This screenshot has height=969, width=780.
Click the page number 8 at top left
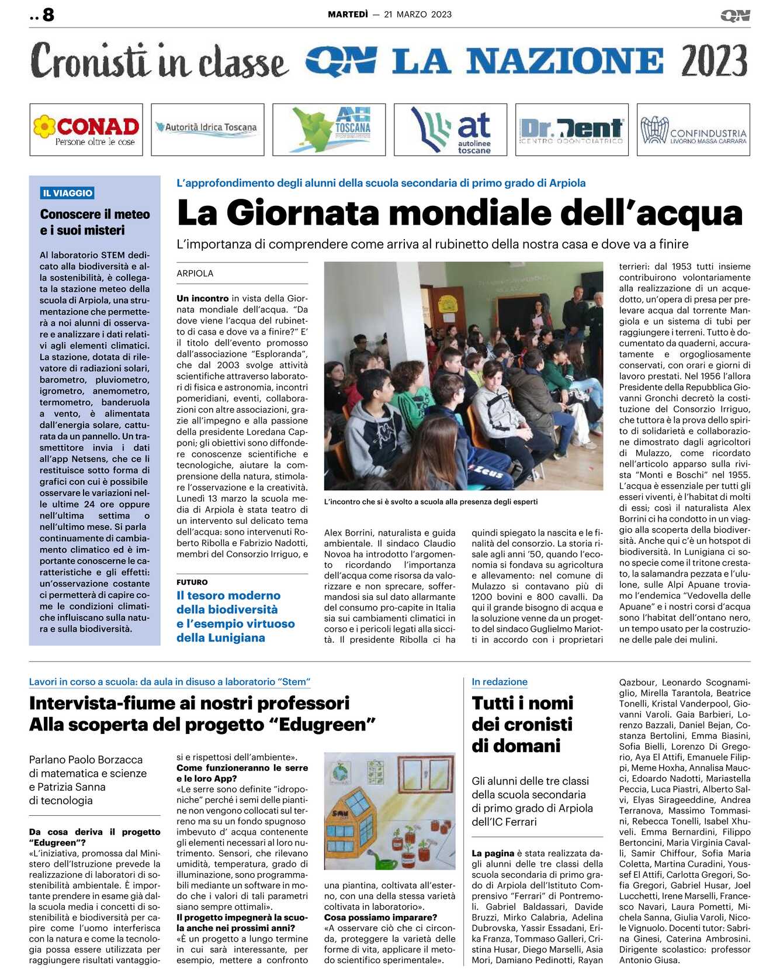point(48,14)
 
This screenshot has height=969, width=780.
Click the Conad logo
point(86,129)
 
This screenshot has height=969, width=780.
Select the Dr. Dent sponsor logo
point(571,130)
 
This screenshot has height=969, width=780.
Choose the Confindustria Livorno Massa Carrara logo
point(693,130)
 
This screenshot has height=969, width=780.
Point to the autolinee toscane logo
point(450,130)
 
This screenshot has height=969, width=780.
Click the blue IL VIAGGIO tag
point(68,193)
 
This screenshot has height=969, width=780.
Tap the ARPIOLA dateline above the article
point(195,273)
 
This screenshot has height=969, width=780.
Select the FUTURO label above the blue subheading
point(192,582)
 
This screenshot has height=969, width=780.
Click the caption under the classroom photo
point(431,502)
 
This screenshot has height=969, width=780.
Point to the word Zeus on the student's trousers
point(488,471)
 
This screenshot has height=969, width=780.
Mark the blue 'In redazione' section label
point(500,682)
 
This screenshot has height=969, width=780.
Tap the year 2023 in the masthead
point(714,61)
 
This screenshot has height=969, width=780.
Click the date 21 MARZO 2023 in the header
point(418,14)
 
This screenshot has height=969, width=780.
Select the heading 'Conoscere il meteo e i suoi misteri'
point(95,222)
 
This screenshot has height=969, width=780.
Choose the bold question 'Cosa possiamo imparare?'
point(380,917)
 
